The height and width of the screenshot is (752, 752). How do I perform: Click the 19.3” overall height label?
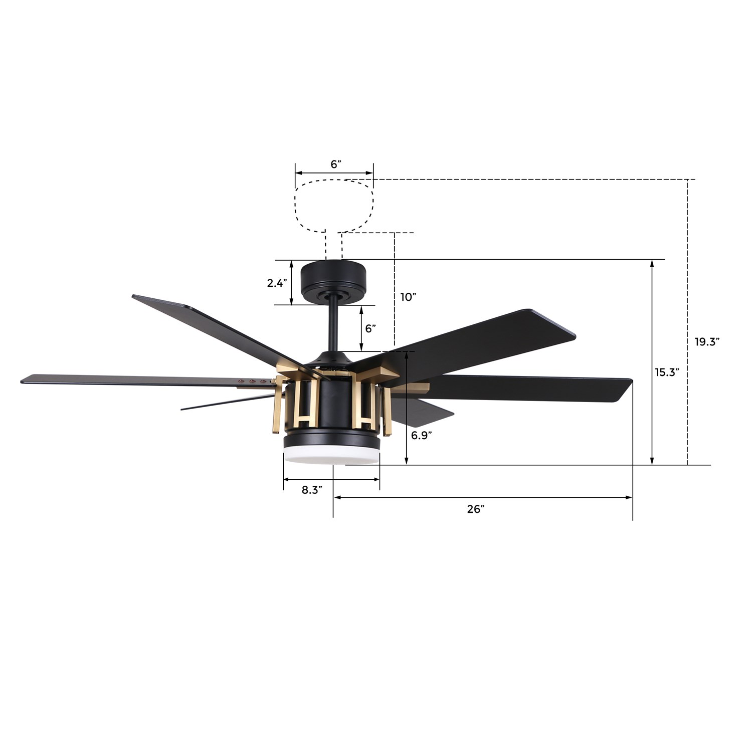(707, 342)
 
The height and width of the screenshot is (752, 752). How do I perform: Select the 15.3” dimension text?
(667, 372)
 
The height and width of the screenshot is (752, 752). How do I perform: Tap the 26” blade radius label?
(476, 509)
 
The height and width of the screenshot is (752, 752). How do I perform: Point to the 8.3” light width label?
(311, 490)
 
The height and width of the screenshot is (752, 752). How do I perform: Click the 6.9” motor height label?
(422, 435)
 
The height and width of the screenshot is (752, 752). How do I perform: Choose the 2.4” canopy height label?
(277, 283)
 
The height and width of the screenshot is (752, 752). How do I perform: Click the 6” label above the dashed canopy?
(335, 164)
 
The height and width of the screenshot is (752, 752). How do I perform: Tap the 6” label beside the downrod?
(370, 329)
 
